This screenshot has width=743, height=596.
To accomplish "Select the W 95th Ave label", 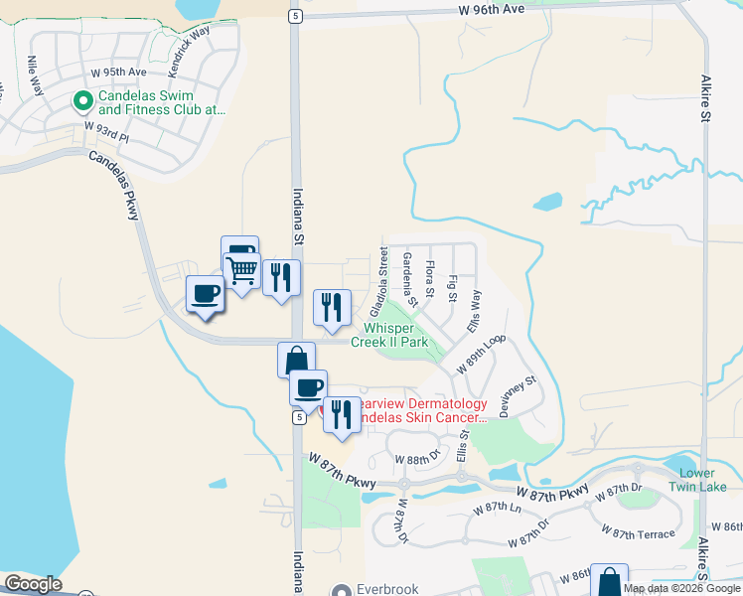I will (x=118, y=73).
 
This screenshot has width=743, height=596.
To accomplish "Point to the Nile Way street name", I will (x=38, y=72).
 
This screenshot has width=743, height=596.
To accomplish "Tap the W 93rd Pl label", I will (x=108, y=128).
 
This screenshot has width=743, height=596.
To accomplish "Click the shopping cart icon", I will (x=243, y=269).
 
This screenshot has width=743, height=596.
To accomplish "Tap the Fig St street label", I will (x=453, y=288).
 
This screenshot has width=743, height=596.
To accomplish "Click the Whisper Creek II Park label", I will (x=395, y=335).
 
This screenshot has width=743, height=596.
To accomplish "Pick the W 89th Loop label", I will (x=481, y=353).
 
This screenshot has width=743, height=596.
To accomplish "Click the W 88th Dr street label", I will (x=416, y=460).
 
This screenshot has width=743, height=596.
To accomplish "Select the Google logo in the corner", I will (x=33, y=584).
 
